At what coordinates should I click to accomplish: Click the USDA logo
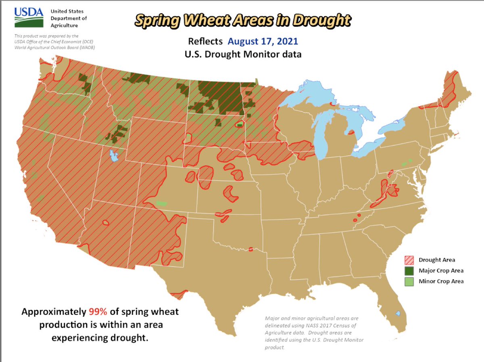[x=29, y=18]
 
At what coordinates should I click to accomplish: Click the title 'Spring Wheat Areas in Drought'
[x=242, y=20]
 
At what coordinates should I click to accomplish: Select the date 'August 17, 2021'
[x=263, y=41]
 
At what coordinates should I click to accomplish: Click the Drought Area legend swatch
[x=409, y=260]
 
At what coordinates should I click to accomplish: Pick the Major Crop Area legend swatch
[x=409, y=270]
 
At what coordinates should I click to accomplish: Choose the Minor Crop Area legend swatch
[x=409, y=281]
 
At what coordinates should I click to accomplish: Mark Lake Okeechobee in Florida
[x=398, y=313]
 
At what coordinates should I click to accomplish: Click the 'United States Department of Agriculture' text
[x=69, y=18]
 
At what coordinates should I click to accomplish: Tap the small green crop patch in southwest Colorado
[x=161, y=203]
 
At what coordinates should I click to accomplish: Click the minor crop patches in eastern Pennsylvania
[x=407, y=163]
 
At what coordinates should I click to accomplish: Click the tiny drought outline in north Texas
[x=250, y=249]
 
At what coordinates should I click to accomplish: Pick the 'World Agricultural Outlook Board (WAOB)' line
[x=55, y=47]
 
